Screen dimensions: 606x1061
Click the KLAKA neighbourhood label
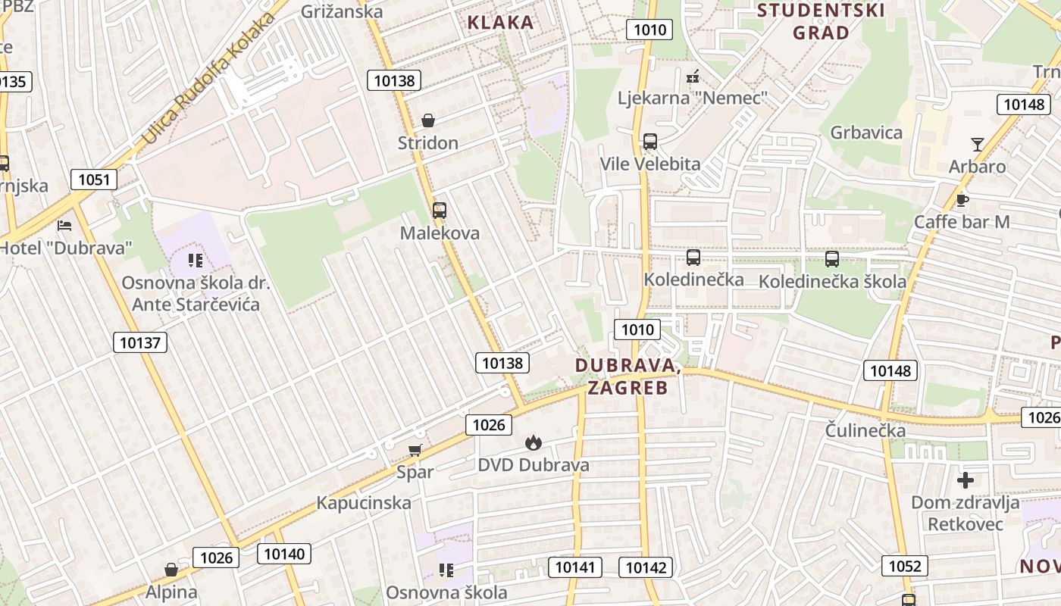pyautogui.click(x=500, y=23)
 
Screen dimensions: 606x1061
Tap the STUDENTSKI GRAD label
pyautogui.click(x=821, y=21)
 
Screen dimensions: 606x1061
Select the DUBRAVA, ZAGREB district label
pyautogui.click(x=627, y=376)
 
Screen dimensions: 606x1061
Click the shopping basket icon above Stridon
pyautogui.click(x=428, y=120)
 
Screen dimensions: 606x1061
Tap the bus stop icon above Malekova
pyautogui.click(x=440, y=211)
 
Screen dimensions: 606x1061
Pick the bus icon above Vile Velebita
pyautogui.click(x=649, y=142)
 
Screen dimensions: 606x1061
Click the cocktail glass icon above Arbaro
pyautogui.click(x=978, y=144)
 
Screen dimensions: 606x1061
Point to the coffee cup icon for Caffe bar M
pyautogui.click(x=962, y=200)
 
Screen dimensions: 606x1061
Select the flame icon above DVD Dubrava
pyautogui.click(x=534, y=442)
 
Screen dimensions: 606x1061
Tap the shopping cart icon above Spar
pyautogui.click(x=415, y=451)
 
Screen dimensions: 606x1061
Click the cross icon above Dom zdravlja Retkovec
pyautogui.click(x=966, y=480)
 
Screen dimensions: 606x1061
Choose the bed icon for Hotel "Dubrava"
pyautogui.click(x=64, y=226)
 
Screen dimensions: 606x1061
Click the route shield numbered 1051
pyautogui.click(x=95, y=180)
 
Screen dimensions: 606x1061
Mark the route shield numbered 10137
pyautogui.click(x=140, y=342)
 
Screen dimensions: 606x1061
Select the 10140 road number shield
pyautogui.click(x=284, y=554)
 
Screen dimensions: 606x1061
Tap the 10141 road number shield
pyautogui.click(x=577, y=567)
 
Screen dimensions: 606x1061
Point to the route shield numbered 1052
pyautogui.click(x=905, y=566)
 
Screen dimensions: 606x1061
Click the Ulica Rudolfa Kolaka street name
pyautogui.click(x=208, y=80)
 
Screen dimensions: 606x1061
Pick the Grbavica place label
pyautogui.click(x=866, y=133)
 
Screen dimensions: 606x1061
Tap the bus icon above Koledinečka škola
pyautogui.click(x=832, y=259)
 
